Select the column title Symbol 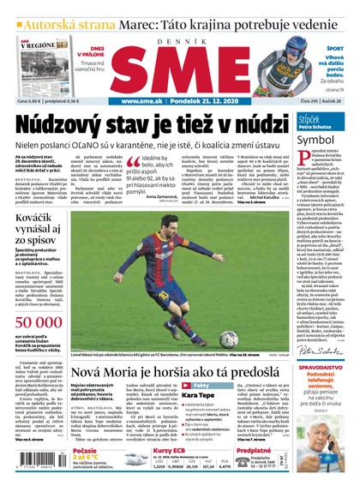[x=315, y=139]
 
